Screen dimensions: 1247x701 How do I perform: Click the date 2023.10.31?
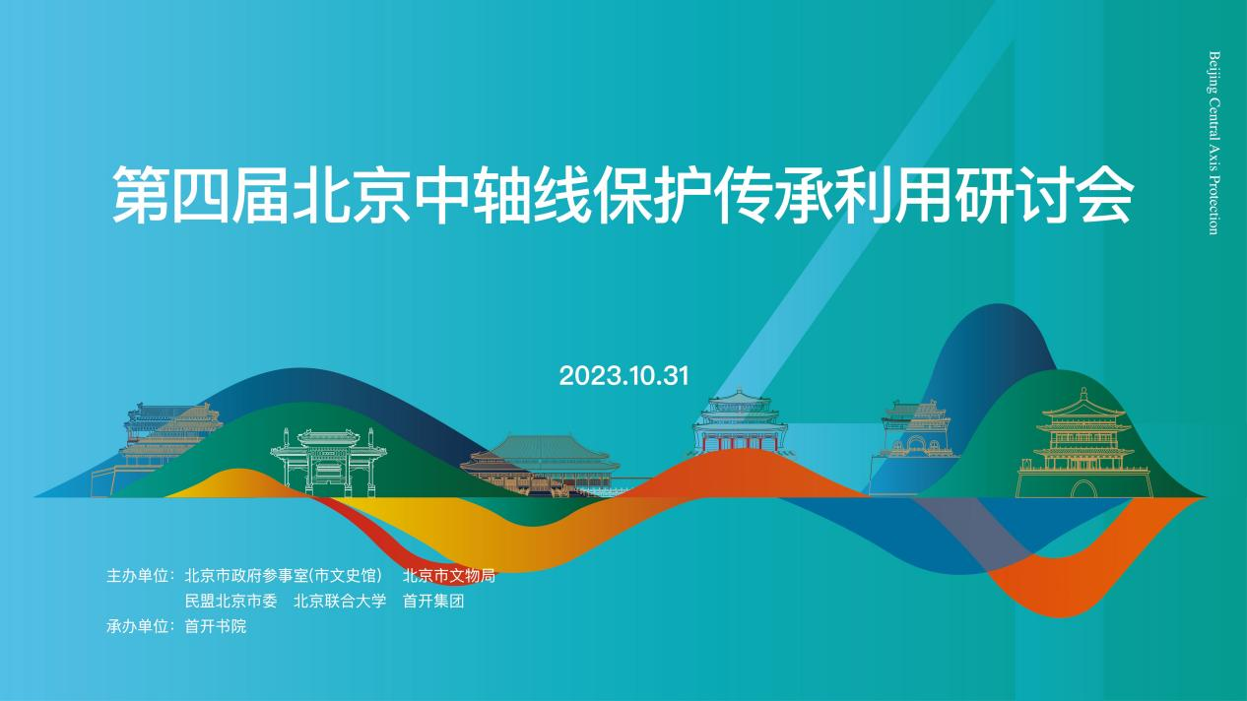(x=624, y=377)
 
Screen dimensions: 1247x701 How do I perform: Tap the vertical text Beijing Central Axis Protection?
(x=1214, y=143)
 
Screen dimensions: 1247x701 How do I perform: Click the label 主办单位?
(x=137, y=576)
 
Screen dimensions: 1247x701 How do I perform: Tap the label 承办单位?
(x=137, y=627)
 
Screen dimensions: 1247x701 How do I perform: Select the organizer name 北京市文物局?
(x=449, y=576)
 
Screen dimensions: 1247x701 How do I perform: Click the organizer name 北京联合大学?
(x=340, y=602)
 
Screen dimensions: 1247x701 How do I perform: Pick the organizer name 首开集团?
(x=433, y=602)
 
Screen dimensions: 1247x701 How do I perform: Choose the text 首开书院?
(x=216, y=627)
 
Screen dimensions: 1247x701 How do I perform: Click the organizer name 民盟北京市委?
(x=231, y=602)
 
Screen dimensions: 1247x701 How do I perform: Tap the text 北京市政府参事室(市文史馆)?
(x=284, y=576)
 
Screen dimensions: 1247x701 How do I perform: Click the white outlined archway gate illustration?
(x=329, y=463)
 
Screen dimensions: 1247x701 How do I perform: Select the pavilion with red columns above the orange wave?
(x=740, y=421)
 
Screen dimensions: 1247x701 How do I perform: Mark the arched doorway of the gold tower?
(x=1082, y=489)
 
